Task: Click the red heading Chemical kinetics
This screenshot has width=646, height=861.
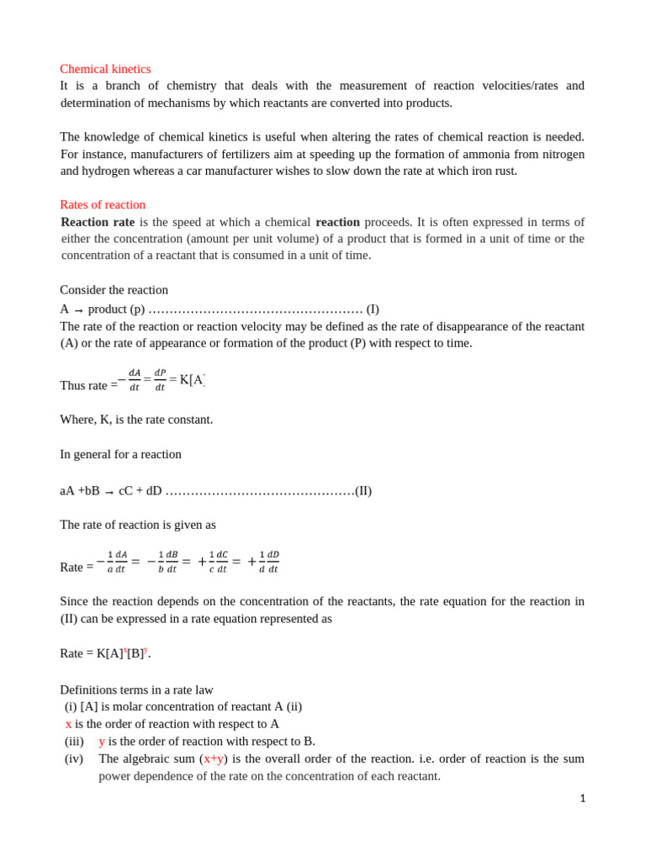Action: coord(105,69)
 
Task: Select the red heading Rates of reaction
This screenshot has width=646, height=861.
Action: coord(103,204)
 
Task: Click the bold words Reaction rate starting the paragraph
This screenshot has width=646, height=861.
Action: coord(98,222)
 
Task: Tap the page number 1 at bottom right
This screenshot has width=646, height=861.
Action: coord(582,799)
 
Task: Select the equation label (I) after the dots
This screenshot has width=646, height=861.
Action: coord(373,309)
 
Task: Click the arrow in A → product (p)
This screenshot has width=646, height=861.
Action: coord(78,310)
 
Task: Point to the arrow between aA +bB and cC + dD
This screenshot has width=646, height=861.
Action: coord(109,492)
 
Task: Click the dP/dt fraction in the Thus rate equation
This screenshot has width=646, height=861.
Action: coord(160,380)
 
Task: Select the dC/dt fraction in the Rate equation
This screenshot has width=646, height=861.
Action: coord(222,562)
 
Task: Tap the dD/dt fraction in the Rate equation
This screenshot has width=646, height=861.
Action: coord(273,562)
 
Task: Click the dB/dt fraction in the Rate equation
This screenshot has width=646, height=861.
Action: coord(172,562)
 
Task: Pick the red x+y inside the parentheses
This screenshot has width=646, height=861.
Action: coord(214,758)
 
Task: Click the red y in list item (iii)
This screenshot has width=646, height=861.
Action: coord(102,741)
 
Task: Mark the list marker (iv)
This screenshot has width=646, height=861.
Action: coord(74,758)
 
